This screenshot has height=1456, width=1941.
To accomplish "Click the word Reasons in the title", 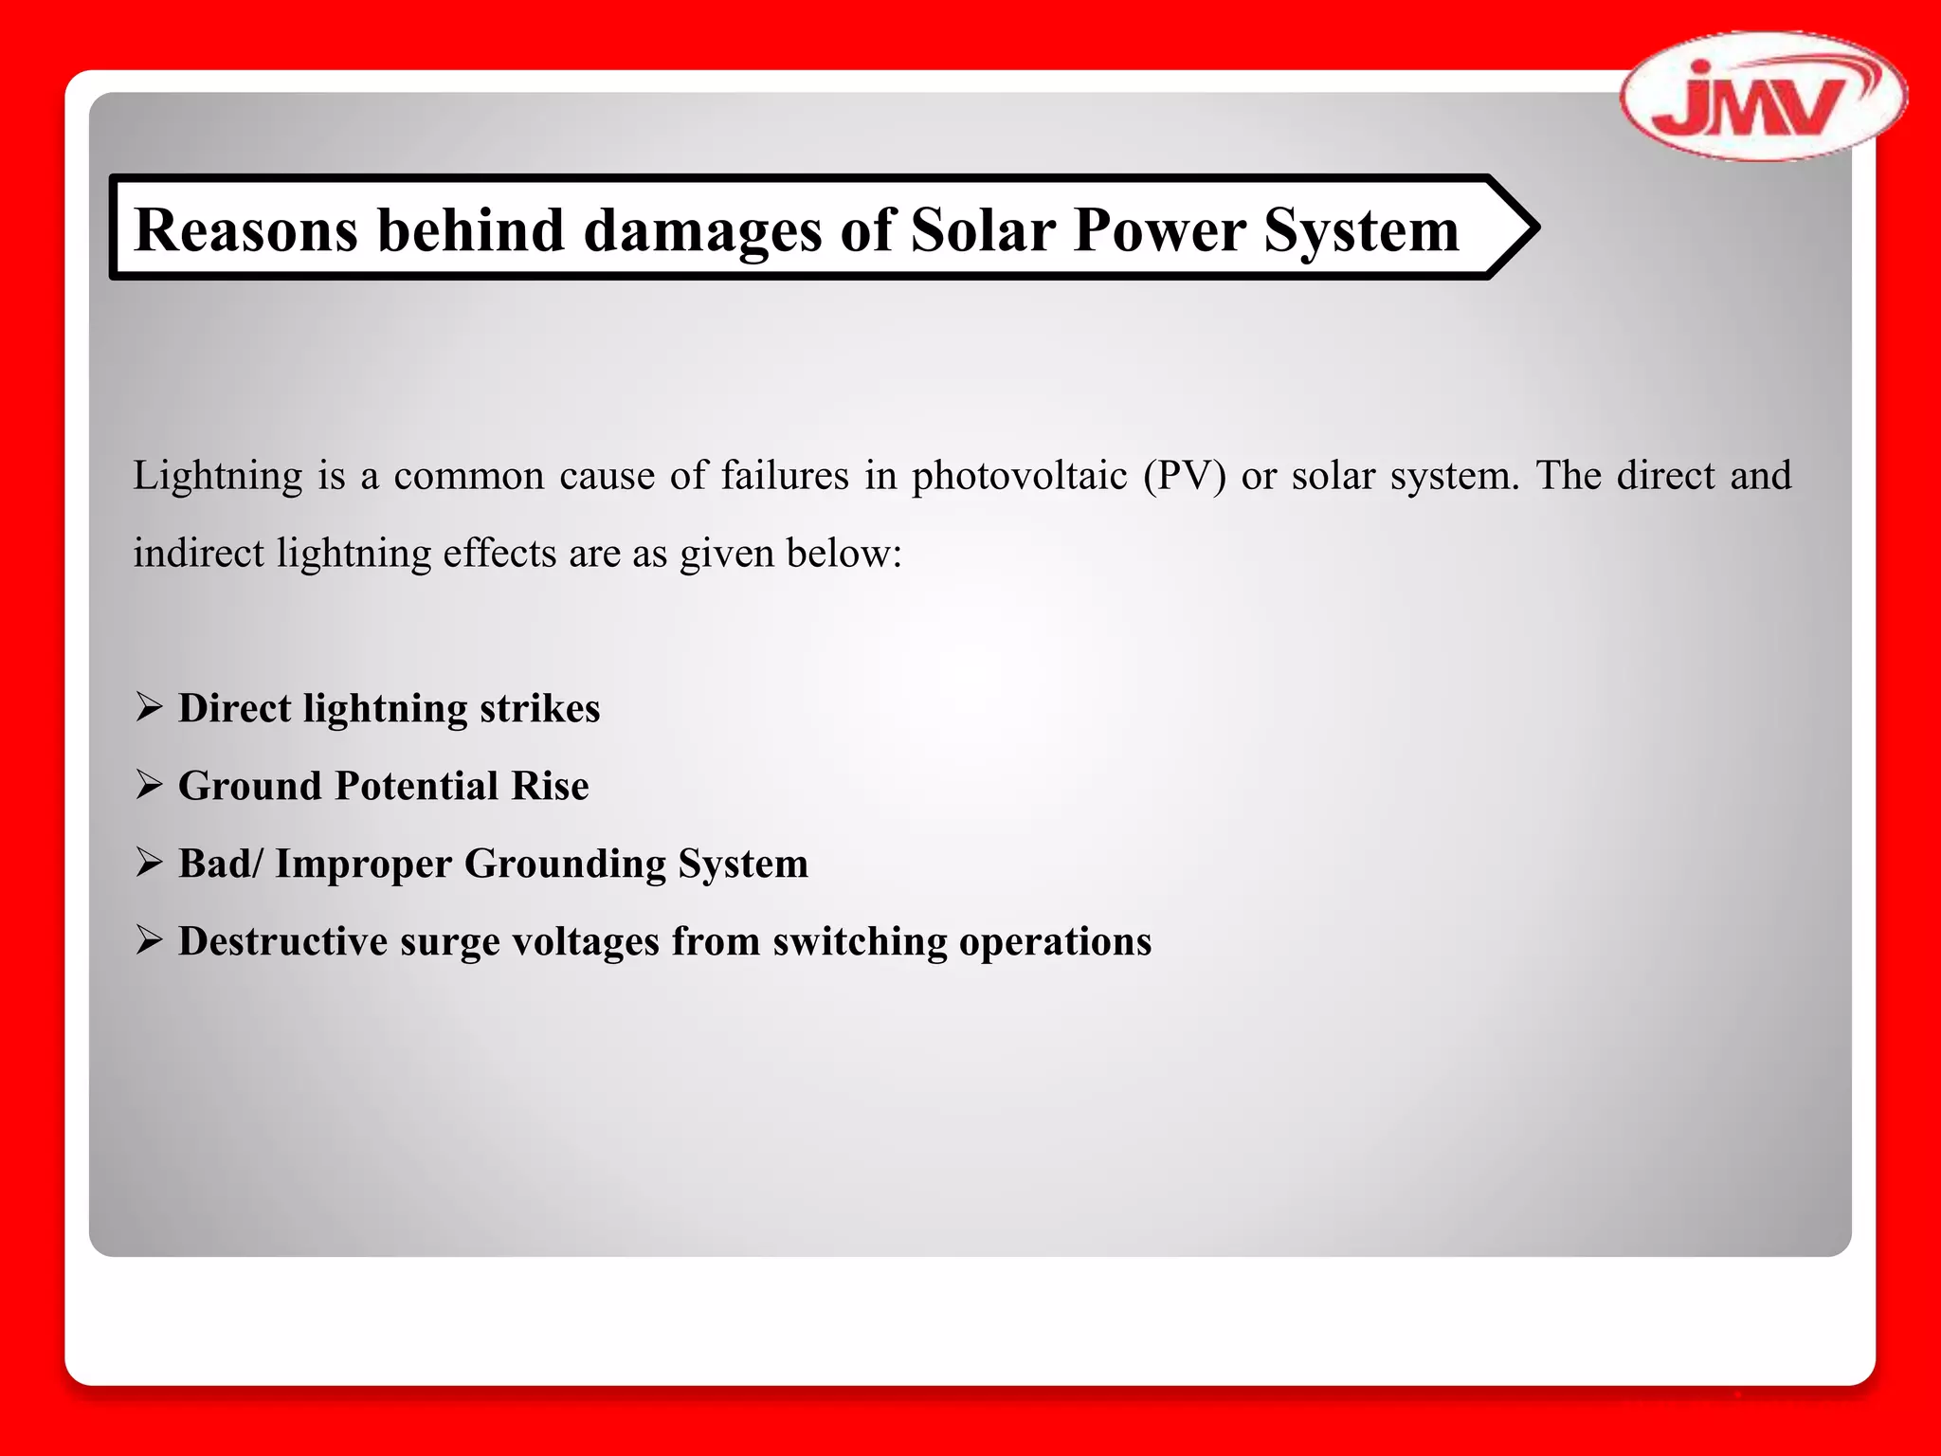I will click(246, 230).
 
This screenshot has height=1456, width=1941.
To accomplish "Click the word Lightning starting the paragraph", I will click(217, 476).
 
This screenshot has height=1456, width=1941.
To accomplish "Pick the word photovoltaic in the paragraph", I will click(1019, 476).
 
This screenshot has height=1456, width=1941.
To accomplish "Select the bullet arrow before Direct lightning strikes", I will click(149, 707).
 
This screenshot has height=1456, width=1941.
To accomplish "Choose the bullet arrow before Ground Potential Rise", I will click(149, 785).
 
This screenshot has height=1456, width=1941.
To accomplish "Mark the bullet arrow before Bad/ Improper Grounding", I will click(149, 863).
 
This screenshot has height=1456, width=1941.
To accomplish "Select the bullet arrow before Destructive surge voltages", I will click(149, 940).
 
